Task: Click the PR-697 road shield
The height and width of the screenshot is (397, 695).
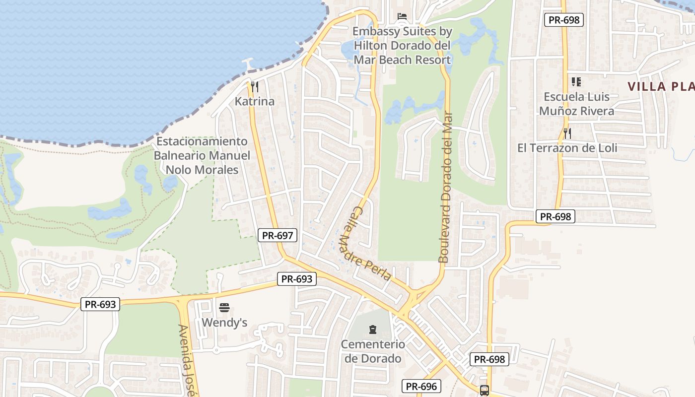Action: (278, 235)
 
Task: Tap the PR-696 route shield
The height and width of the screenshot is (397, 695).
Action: (421, 386)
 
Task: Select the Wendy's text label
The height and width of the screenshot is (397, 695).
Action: (224, 323)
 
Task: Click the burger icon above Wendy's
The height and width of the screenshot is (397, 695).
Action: (224, 308)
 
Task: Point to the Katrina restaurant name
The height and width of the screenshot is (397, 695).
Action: (255, 101)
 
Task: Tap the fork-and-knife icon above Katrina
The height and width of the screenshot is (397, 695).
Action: (255, 87)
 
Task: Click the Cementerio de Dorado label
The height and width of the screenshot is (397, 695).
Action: (373, 351)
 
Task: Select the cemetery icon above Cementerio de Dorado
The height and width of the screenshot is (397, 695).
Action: (373, 329)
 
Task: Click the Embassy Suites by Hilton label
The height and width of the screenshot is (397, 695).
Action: (402, 46)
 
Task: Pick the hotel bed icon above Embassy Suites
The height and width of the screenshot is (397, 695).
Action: (402, 16)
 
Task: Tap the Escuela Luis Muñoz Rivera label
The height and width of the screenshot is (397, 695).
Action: (576, 103)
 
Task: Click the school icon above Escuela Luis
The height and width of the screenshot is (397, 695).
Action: (576, 81)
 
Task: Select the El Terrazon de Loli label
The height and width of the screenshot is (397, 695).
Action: (567, 147)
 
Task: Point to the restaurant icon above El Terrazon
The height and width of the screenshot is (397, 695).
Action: (567, 133)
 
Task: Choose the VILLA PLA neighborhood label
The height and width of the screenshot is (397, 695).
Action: (660, 86)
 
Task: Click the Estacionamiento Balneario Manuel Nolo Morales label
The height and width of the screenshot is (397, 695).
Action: (202, 155)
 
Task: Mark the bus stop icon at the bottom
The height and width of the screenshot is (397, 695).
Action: (485, 391)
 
